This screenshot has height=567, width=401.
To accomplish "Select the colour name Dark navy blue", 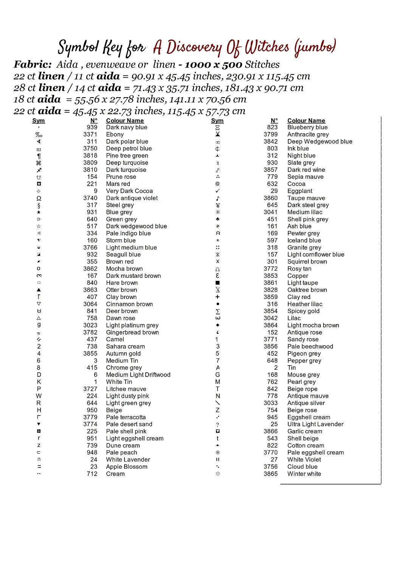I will pyautogui.click(x=126, y=127).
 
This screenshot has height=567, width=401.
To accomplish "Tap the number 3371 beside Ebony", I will pyautogui.click(x=90, y=135).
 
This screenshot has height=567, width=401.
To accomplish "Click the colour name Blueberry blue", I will pyautogui.click(x=307, y=127).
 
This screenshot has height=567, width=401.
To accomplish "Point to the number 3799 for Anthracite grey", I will pyautogui.click(x=270, y=135).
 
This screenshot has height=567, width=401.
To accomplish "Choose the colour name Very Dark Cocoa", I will pyautogui.click(x=129, y=191).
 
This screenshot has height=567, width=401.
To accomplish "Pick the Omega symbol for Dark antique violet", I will pyautogui.click(x=39, y=198).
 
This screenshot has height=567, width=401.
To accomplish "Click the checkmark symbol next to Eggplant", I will pyautogui.click(x=218, y=191).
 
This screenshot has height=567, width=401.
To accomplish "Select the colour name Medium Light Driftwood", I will pyautogui.click(x=138, y=375).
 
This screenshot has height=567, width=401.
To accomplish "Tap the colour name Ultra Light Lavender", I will pyautogui.click(x=315, y=424).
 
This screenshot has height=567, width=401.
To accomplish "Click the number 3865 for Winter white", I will pyautogui.click(x=270, y=474).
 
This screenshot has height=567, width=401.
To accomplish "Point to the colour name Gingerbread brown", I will pyautogui.click(x=132, y=333).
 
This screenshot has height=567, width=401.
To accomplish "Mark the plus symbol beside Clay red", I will pyautogui.click(x=218, y=297).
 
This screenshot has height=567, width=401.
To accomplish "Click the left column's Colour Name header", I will pyautogui.click(x=125, y=121).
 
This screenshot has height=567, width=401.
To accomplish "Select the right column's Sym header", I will pyautogui.click(x=217, y=121).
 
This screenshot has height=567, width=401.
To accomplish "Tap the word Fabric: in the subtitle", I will pyautogui.click(x=33, y=65).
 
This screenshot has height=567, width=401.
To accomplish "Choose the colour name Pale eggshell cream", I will pyautogui.click(x=316, y=453).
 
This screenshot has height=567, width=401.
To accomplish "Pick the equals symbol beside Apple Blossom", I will pyautogui.click(x=39, y=467).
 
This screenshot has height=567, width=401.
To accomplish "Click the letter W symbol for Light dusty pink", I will pyautogui.click(x=39, y=396).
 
